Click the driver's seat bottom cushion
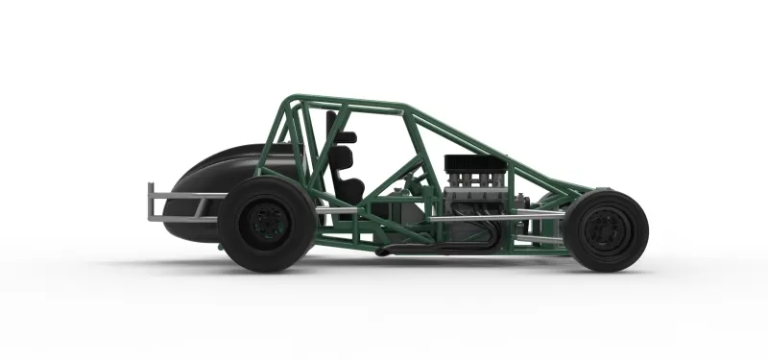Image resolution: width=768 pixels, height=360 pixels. click(349, 192)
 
